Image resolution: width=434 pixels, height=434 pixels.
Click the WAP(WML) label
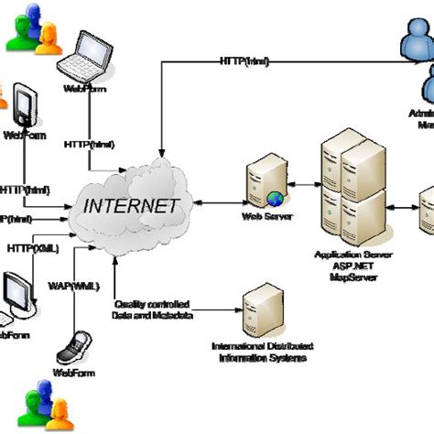[x=69, y=287]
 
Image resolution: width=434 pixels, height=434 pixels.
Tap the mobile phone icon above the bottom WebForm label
[x=72, y=349]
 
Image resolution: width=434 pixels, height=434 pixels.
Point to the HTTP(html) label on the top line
[x=244, y=61]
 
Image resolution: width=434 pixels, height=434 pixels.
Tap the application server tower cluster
[x=353, y=192]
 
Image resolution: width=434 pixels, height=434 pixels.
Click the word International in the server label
[x=233, y=347]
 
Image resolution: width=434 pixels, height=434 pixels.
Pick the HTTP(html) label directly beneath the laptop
[x=90, y=144]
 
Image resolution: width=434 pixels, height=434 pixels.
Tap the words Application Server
[x=353, y=254]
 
